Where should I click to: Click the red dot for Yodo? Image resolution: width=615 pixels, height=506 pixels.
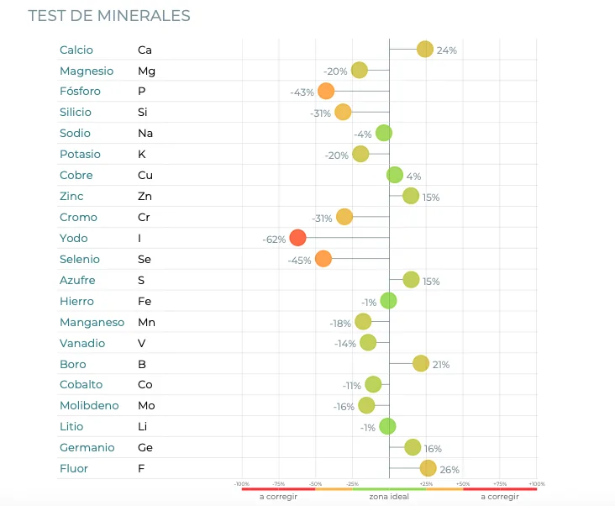click(x=297, y=238)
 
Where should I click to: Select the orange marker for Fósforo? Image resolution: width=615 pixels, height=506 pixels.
click(x=326, y=92)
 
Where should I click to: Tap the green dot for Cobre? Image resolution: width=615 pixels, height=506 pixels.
click(x=395, y=175)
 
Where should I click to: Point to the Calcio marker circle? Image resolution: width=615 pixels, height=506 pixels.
click(x=425, y=50)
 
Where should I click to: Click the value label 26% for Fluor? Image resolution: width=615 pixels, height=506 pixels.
click(x=449, y=470)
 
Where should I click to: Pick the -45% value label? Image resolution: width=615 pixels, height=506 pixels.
click(x=299, y=261)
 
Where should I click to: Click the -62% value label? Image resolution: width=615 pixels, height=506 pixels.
click(x=274, y=240)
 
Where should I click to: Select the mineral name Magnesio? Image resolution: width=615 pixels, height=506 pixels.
click(x=86, y=71)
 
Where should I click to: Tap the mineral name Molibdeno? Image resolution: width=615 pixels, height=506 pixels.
click(x=89, y=405)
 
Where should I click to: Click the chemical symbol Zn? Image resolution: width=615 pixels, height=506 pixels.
click(x=145, y=196)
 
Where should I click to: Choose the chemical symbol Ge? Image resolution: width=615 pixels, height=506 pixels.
click(x=145, y=447)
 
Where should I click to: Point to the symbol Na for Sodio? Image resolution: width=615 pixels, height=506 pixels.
click(x=145, y=133)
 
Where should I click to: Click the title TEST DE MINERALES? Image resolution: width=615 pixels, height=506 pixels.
click(x=109, y=16)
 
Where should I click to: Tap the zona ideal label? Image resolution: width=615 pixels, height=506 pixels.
click(x=389, y=497)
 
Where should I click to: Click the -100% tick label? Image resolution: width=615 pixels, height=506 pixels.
click(x=242, y=484)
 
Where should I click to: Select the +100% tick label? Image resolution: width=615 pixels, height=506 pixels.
click(x=537, y=484)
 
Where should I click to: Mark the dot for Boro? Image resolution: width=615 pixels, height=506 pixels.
click(x=421, y=363)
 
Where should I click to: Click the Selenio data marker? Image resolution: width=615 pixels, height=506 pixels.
click(x=323, y=259)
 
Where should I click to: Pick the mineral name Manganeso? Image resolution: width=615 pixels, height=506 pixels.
click(x=92, y=322)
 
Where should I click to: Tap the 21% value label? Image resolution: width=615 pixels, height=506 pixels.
click(x=441, y=365)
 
